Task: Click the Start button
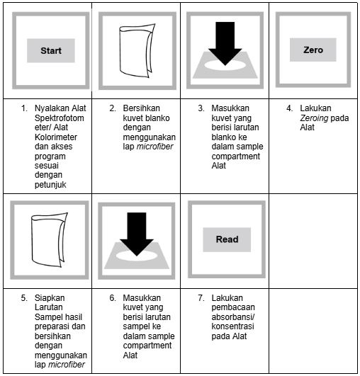coord(51,50)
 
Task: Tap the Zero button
coord(313,50)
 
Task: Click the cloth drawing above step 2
coord(137,50)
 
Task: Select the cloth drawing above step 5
coord(49,240)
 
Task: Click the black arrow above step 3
coord(225,43)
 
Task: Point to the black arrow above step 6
coord(137,234)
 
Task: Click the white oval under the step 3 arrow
coord(225,65)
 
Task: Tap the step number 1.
coord(24,108)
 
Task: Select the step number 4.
coord(289,108)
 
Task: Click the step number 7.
coord(201,298)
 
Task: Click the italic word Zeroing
coord(314,118)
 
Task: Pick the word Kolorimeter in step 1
coord(56,137)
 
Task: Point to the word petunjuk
coord(50,185)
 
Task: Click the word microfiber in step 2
coord(154,147)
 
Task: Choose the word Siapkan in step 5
coord(50,298)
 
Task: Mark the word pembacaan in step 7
coord(233,307)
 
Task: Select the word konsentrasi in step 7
coord(232,326)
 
